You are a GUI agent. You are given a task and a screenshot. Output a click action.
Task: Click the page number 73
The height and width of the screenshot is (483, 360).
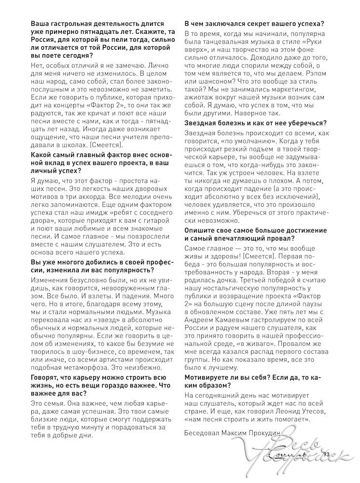pyautogui.click(x=326, y=455)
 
